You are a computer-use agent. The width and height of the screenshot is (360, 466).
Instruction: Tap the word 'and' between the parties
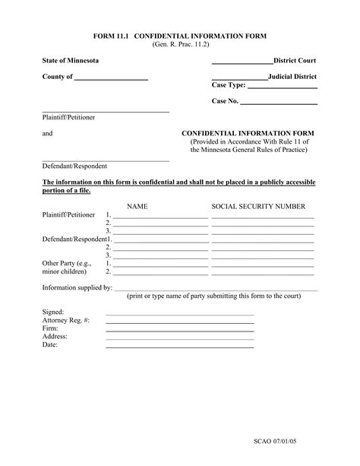coord(47,133)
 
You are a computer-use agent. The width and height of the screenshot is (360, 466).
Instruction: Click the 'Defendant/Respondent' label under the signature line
coord(74,166)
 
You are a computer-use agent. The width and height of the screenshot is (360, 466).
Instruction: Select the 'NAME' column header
coord(137,206)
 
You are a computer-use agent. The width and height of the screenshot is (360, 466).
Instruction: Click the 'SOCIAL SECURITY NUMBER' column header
coord(258,206)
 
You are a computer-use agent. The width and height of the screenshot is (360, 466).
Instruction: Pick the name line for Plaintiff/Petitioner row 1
coord(160,218)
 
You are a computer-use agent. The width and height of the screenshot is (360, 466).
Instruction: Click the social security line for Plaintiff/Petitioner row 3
coord(263,233)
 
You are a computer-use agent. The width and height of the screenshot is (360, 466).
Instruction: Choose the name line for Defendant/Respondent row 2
coord(160,249)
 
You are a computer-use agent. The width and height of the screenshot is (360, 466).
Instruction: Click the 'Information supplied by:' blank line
coord(215,290)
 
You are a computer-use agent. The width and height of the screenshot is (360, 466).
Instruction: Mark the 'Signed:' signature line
coord(179,315)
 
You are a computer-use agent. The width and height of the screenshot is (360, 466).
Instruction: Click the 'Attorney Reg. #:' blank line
coord(179,323)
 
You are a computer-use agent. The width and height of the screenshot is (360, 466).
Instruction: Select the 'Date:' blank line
coord(179,347)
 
